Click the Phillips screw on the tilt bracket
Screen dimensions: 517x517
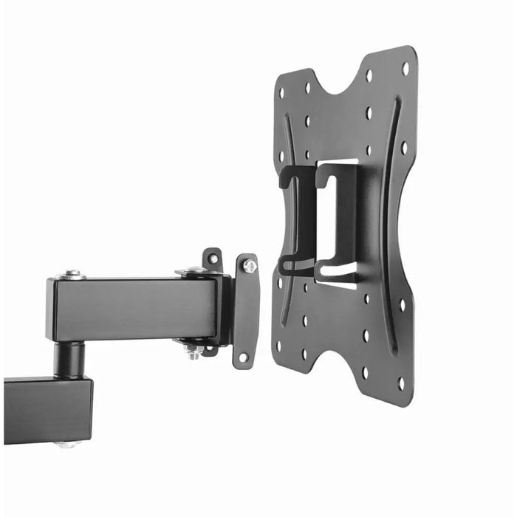[x=250, y=266]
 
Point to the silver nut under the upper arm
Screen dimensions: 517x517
[x=194, y=352]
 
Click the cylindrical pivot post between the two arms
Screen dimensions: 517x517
[x=72, y=360]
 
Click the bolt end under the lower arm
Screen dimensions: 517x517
[x=66, y=445]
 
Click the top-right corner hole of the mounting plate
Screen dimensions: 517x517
[x=405, y=69]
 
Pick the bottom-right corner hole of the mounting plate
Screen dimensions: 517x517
[x=401, y=384]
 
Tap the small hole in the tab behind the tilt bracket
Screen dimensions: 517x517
[x=213, y=258]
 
